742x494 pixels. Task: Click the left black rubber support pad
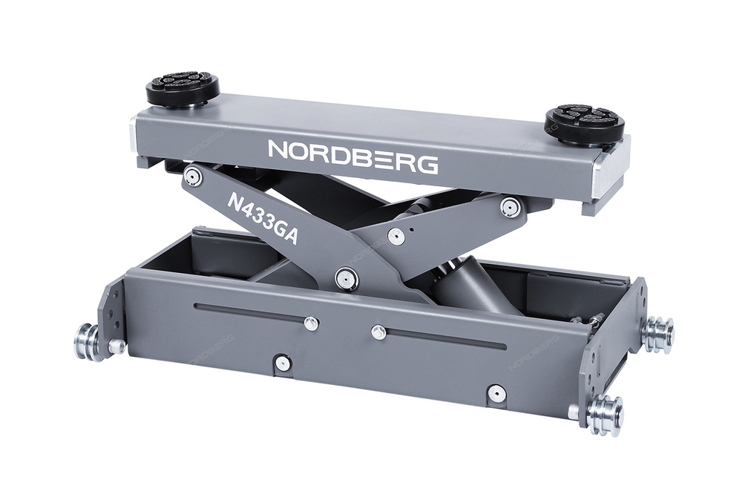pyautogui.click(x=182, y=88)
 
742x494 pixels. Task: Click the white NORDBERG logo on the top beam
pyautogui.click(x=352, y=154)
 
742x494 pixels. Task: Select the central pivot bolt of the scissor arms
pyautogui.click(x=346, y=278)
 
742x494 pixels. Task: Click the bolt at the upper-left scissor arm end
pyautogui.click(x=193, y=177)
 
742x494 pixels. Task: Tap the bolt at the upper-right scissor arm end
pyautogui.click(x=509, y=207)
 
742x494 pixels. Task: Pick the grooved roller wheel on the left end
pyautogui.click(x=87, y=340)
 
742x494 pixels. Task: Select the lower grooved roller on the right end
pyautogui.click(x=604, y=410)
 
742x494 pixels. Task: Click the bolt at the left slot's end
pyautogui.click(x=312, y=323)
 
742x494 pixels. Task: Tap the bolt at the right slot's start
pyautogui.click(x=378, y=332)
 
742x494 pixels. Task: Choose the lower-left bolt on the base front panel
pyautogui.click(x=282, y=363)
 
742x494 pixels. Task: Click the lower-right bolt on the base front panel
pyautogui.click(x=496, y=393)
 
